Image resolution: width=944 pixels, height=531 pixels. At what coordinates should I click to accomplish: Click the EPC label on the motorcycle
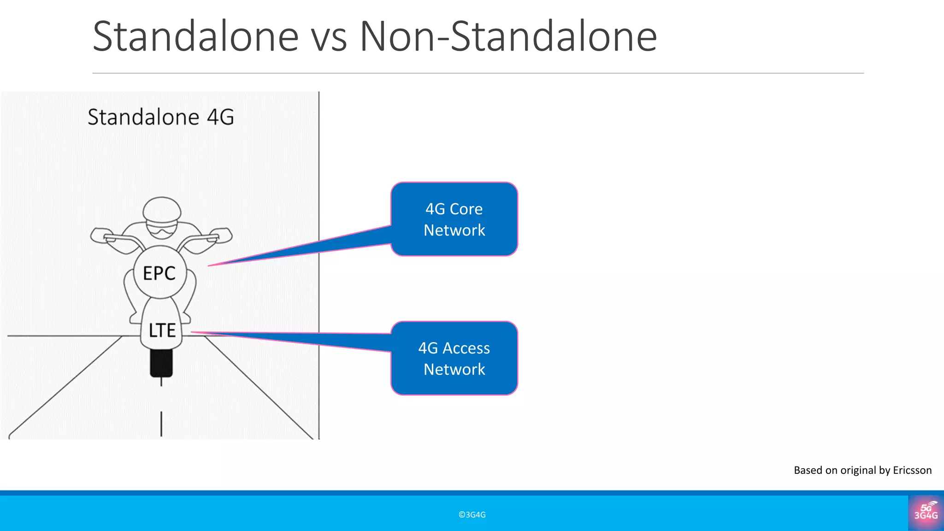(159, 273)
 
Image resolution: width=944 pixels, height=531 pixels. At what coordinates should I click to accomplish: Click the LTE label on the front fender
(162, 330)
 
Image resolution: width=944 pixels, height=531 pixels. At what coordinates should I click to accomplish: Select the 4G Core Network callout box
(454, 219)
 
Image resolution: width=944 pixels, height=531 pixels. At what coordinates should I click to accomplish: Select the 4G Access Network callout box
(454, 358)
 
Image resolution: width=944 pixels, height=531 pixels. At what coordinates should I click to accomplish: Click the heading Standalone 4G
(161, 117)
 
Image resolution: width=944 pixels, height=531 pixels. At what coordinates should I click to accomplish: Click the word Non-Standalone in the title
(508, 36)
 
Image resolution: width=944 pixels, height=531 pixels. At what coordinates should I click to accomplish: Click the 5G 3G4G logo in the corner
(926, 513)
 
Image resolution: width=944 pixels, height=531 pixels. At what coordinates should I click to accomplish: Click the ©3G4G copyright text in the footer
(472, 515)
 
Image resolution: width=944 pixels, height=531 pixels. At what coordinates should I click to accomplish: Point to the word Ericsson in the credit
(912, 470)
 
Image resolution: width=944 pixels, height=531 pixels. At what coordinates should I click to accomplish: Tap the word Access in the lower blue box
(466, 348)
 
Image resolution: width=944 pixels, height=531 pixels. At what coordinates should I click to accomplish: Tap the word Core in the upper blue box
(466, 209)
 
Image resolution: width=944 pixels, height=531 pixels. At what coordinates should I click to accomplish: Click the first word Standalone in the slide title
(195, 36)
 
